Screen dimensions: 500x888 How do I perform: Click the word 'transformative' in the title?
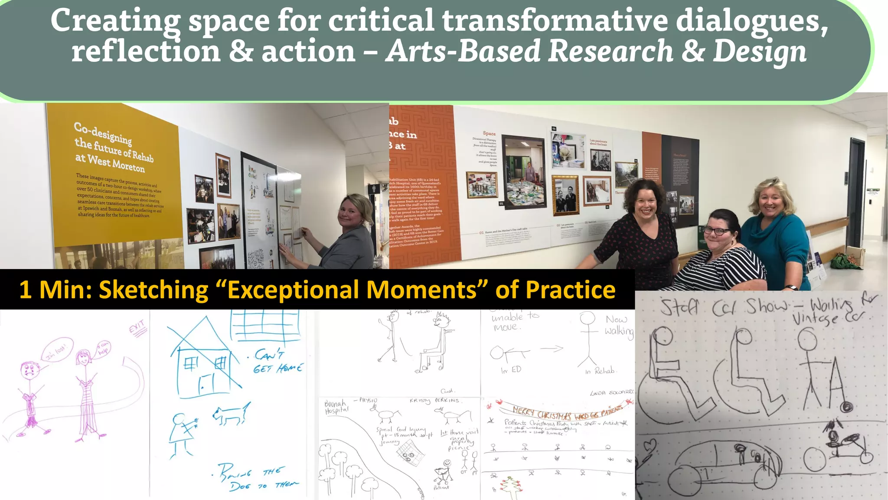pyautogui.click(x=555, y=20)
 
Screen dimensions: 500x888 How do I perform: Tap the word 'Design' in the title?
pyautogui.click(x=760, y=52)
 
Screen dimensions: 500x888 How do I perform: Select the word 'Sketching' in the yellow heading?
pyautogui.click(x=153, y=289)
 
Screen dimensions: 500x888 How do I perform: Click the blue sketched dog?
pyautogui.click(x=231, y=415)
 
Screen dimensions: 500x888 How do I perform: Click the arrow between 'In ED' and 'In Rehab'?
pyautogui.click(x=552, y=349)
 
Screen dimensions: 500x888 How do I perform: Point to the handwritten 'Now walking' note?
pyautogui.click(x=619, y=325)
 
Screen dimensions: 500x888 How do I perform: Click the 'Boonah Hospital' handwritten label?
pyautogui.click(x=336, y=407)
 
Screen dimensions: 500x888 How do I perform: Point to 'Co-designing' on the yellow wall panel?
pyautogui.click(x=103, y=133)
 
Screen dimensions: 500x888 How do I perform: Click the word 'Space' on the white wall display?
pyautogui.click(x=489, y=133)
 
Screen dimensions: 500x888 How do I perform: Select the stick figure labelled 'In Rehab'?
pyautogui.click(x=588, y=339)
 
